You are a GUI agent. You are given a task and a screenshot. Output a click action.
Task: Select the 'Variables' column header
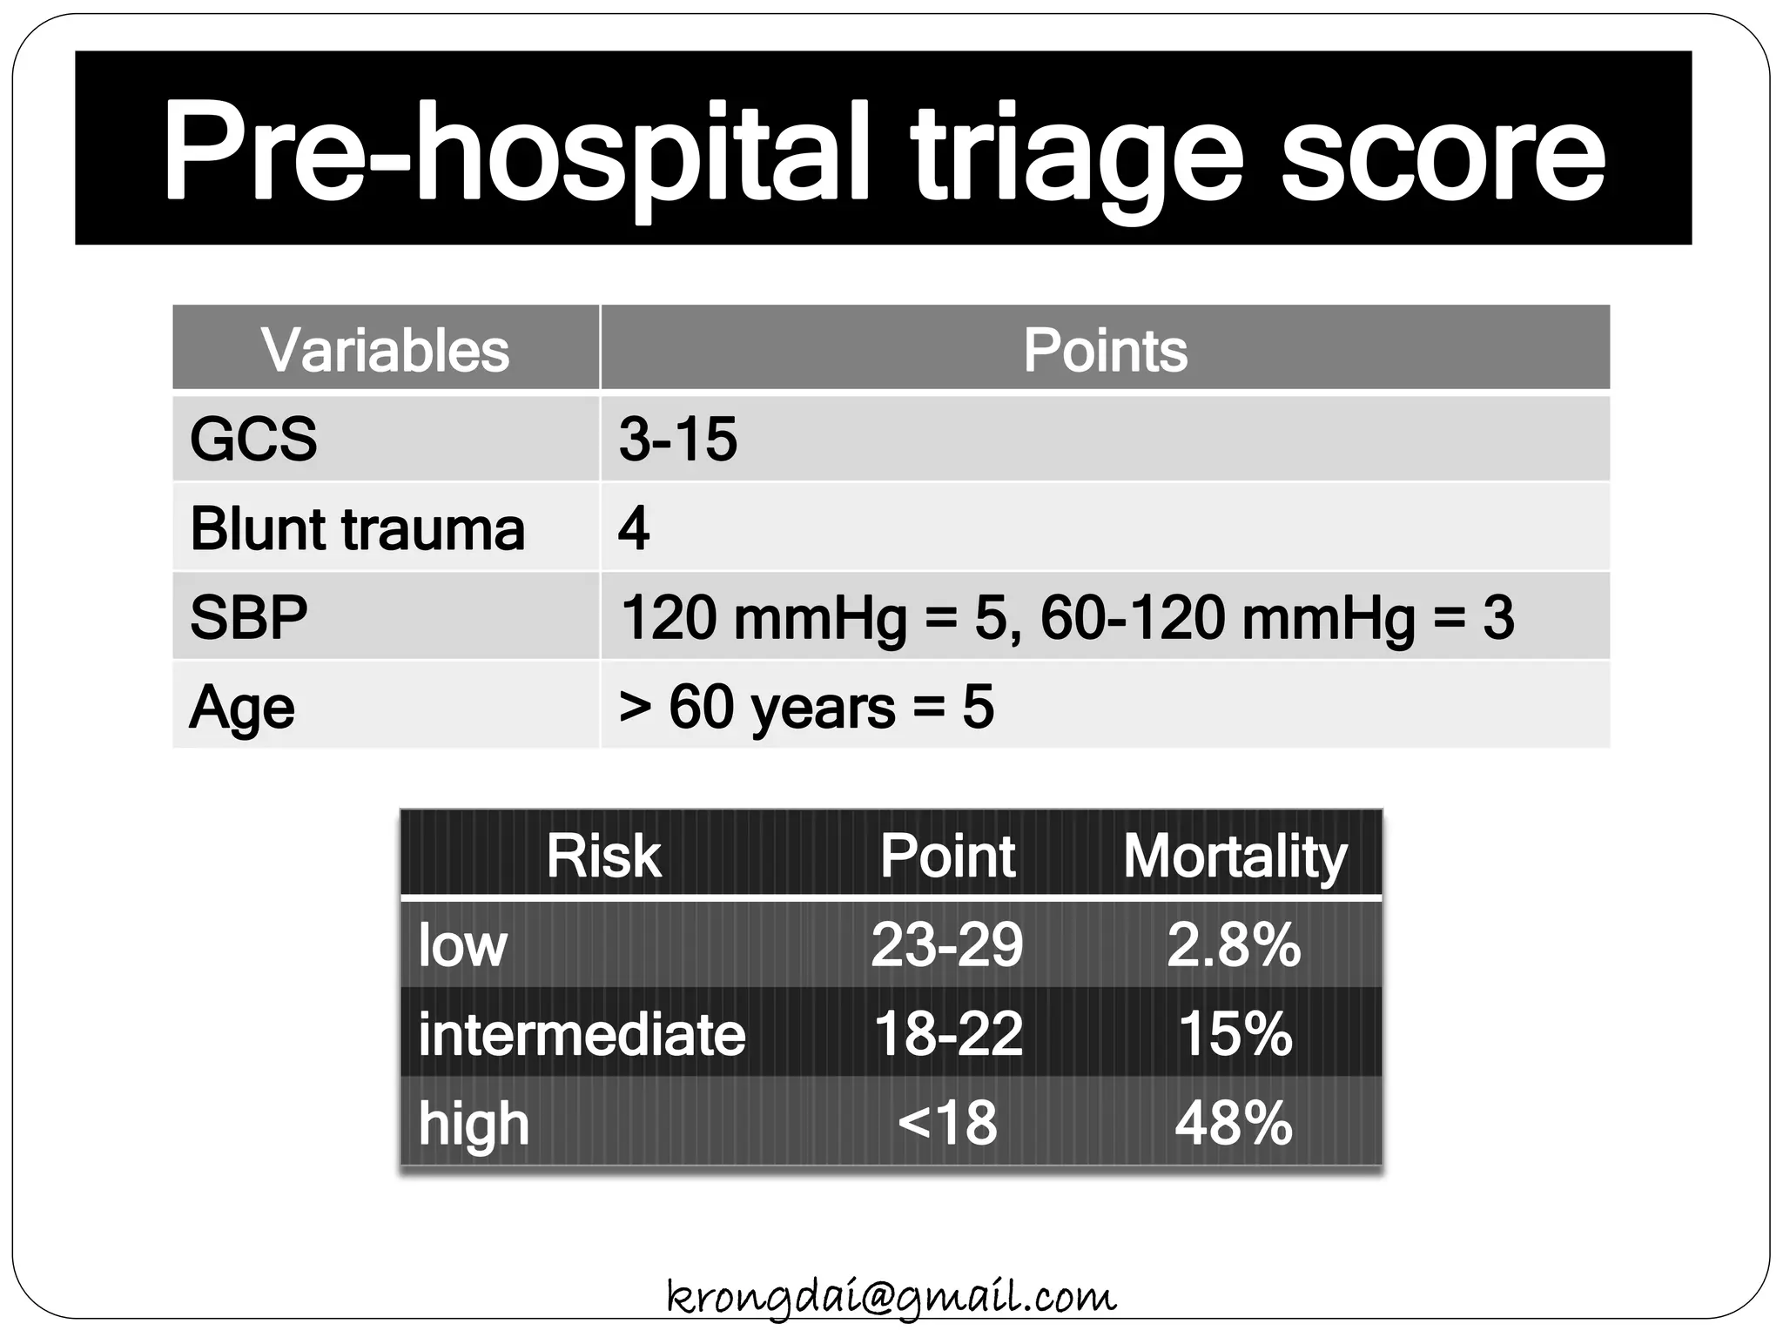tap(385, 350)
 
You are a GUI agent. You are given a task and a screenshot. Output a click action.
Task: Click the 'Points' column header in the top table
tap(1104, 350)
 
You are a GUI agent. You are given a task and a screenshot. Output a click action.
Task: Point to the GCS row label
tap(253, 439)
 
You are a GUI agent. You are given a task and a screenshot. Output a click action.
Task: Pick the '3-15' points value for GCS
tap(677, 439)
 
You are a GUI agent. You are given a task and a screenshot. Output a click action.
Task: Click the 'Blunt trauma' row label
tap(357, 528)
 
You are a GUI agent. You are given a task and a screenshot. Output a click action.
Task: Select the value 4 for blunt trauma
tap(633, 528)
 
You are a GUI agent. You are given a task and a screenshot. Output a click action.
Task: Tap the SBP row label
tap(248, 617)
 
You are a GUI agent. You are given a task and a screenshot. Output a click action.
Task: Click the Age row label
tap(241, 707)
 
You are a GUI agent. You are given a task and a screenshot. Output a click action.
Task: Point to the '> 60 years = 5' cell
tap(805, 707)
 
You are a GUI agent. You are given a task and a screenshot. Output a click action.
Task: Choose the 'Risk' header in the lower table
tap(602, 856)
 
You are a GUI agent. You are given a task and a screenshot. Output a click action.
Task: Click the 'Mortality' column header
tap(1235, 856)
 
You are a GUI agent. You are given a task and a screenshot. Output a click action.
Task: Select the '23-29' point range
tap(946, 944)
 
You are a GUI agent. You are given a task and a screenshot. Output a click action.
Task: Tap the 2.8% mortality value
tap(1234, 944)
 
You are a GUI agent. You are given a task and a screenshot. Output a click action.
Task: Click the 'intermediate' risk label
tap(582, 1034)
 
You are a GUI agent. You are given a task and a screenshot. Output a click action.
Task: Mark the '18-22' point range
tap(947, 1034)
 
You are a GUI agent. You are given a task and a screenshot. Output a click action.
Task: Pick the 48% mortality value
tap(1233, 1123)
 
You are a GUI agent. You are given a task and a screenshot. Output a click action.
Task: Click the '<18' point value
tap(946, 1123)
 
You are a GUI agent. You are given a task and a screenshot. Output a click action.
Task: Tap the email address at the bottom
tap(891, 1297)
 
